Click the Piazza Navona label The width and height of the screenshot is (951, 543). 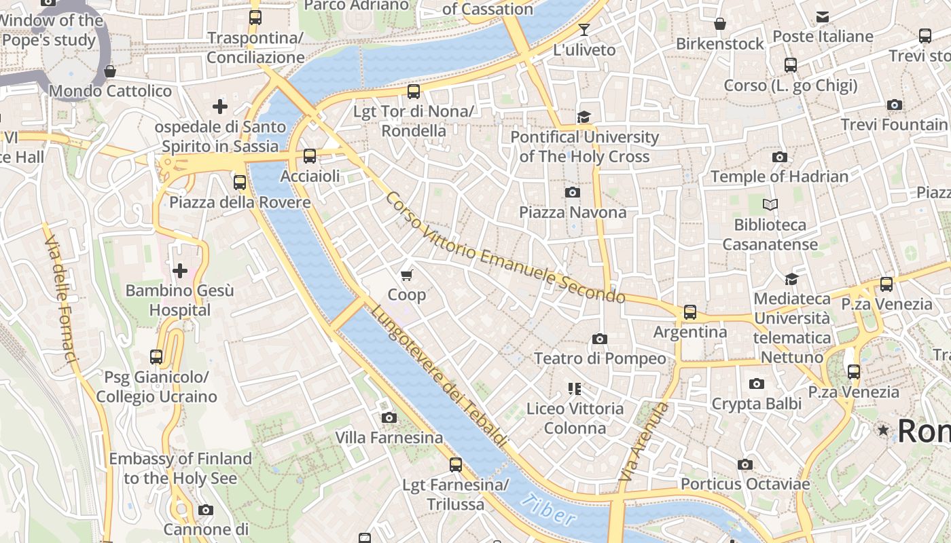click(x=573, y=212)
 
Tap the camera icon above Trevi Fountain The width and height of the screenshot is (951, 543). click(x=895, y=105)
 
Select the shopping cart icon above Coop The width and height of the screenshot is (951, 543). click(x=407, y=275)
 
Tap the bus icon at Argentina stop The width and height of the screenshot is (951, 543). click(x=690, y=312)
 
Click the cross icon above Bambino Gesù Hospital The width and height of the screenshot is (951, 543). click(x=180, y=271)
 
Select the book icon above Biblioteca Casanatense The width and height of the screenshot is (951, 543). click(x=770, y=204)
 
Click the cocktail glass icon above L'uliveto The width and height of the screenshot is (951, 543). click(x=584, y=30)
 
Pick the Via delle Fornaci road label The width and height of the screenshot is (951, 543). click(x=62, y=299)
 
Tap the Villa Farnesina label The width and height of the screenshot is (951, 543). click(x=389, y=438)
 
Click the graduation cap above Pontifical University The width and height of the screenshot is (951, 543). click(x=584, y=117)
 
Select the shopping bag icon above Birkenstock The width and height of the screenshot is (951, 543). click(x=720, y=24)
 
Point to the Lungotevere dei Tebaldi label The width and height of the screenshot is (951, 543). click(x=439, y=376)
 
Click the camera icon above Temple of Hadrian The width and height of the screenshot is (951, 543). click(x=779, y=157)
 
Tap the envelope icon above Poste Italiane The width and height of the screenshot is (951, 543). click(x=823, y=17)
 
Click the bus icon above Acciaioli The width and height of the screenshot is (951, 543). click(x=310, y=156)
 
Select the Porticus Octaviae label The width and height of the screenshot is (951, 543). click(x=745, y=484)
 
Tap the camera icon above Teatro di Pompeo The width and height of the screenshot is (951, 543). click(x=599, y=339)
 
